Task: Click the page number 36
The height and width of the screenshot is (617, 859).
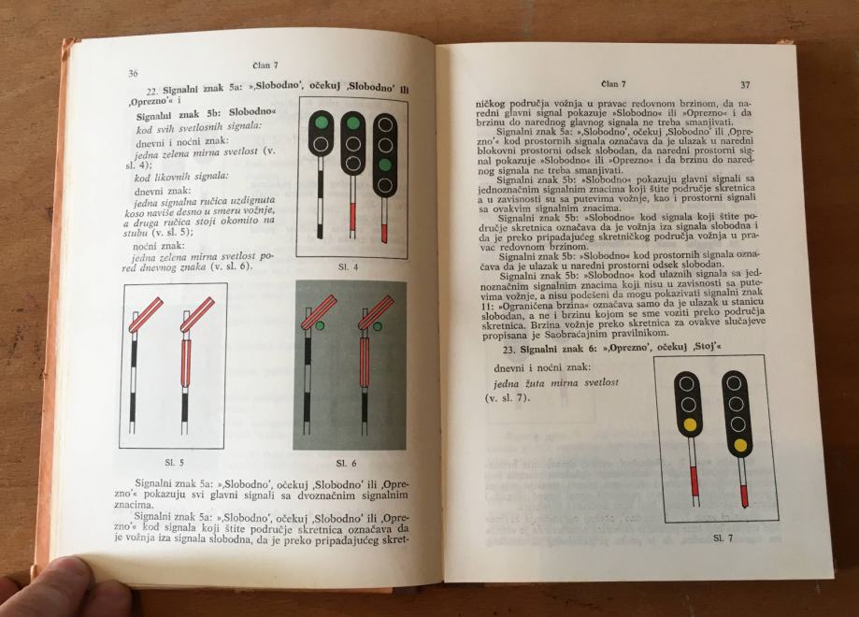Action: click(133, 74)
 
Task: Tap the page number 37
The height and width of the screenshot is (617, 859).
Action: click(745, 84)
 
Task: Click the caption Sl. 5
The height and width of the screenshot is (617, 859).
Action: click(174, 462)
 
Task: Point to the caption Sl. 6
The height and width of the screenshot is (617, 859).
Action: click(347, 464)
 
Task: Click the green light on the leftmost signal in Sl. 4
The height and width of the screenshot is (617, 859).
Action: click(322, 122)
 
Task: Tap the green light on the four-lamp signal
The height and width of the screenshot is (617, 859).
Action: click(386, 164)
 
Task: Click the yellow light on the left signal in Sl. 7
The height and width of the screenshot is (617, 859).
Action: click(689, 424)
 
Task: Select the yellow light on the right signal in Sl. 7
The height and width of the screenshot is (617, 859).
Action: click(740, 445)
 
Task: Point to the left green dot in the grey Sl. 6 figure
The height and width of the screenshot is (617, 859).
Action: click(320, 326)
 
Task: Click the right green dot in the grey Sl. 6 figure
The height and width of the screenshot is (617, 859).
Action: click(378, 327)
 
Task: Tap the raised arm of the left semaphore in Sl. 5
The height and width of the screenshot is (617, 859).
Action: click(146, 314)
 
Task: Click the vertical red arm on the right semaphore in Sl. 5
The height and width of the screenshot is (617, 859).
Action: click(186, 362)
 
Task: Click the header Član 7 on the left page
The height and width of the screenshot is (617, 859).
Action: click(265, 65)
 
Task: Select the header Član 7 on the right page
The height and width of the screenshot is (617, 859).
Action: click(613, 84)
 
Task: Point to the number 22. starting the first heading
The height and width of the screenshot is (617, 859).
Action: click(152, 91)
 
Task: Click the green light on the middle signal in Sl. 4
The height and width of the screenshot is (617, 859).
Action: click(353, 123)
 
